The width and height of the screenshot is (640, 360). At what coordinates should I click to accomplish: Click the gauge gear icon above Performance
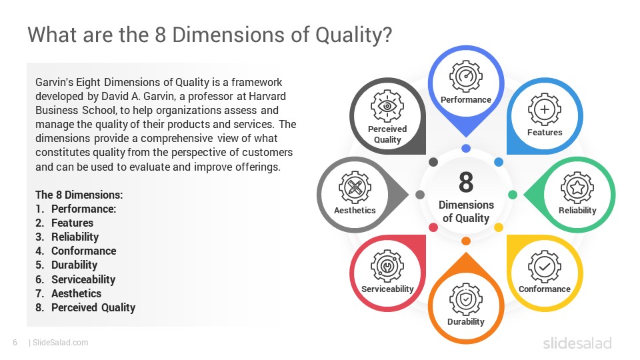coord(465,77)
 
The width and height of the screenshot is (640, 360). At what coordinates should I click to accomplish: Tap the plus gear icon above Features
coord(545,109)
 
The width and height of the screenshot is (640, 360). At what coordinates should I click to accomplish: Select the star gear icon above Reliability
coord(577,187)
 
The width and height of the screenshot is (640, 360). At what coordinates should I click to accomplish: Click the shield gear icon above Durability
coord(465,299)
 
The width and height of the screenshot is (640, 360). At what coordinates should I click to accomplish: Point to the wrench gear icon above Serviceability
coord(387,266)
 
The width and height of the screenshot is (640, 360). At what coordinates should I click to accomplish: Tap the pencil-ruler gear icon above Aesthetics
coord(355,187)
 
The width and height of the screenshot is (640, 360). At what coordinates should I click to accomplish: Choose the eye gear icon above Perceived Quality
coord(387,107)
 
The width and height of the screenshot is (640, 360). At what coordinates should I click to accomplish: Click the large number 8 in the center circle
coord(466,182)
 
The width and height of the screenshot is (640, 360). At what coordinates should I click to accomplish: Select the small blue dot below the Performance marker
coord(466,148)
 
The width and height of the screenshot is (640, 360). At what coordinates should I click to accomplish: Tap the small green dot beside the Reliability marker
coord(513,195)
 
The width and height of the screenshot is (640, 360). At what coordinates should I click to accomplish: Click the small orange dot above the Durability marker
coord(466,241)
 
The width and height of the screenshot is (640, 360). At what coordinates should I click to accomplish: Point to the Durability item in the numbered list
coord(74,265)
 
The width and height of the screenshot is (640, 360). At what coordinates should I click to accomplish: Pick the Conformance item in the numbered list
coord(83,251)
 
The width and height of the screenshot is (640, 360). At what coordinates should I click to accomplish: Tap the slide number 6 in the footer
coord(15,343)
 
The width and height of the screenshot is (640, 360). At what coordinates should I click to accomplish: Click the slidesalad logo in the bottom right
coord(577,343)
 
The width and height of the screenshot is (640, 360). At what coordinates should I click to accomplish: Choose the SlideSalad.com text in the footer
coord(61,343)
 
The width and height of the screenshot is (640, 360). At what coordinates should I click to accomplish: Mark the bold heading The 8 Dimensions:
coord(79,195)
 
